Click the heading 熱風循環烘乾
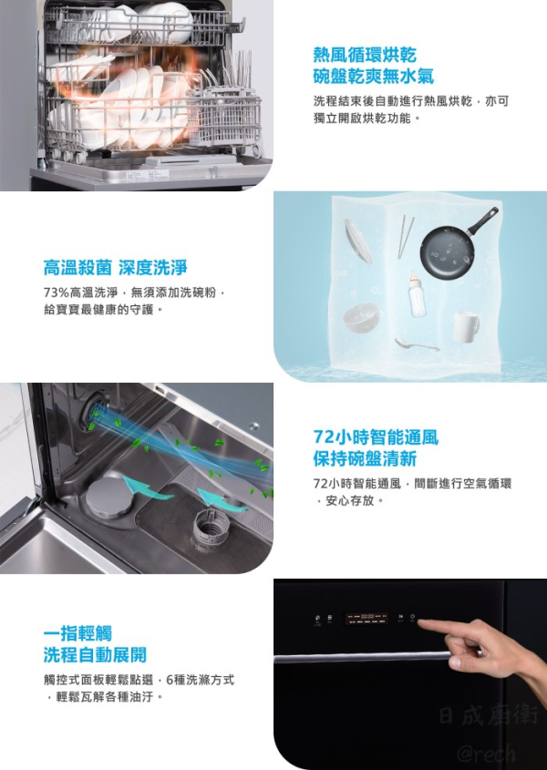coord(366,54)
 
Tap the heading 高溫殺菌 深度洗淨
coord(115,268)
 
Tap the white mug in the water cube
coord(466,325)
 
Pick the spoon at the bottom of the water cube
coord(416,344)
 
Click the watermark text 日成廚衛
coord(489,715)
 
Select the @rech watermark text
coord(486,753)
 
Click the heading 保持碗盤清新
coord(365,458)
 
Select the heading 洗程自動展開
coord(94,655)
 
